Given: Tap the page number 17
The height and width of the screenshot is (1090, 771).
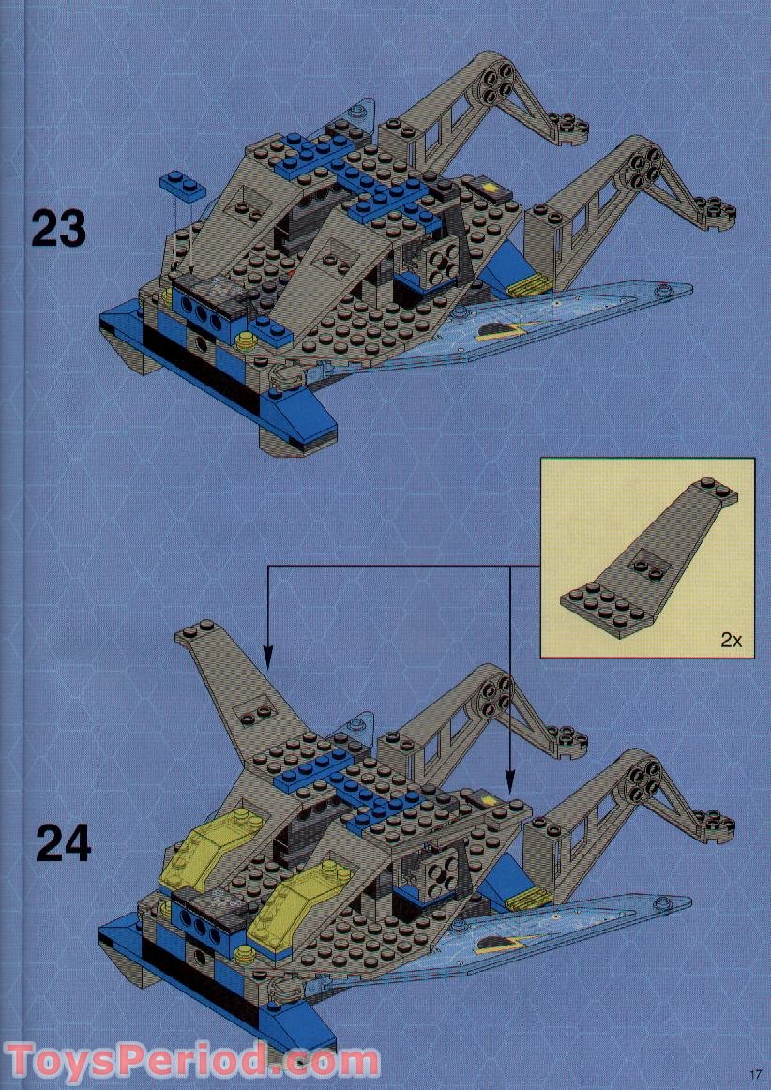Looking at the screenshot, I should tap(754, 1074).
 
